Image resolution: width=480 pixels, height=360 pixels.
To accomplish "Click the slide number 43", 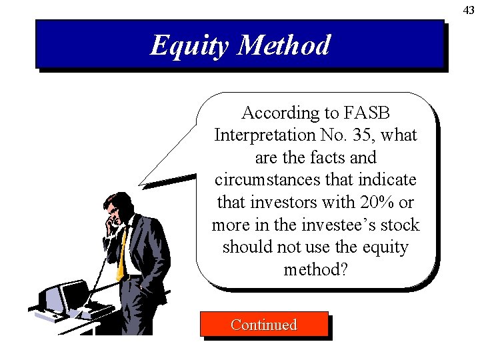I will tap(469, 10).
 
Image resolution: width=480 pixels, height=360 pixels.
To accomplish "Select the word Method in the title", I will tap(285, 45).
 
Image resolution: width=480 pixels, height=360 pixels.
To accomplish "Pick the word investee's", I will tap(341, 225).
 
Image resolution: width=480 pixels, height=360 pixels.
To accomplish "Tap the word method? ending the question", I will tap(316, 269).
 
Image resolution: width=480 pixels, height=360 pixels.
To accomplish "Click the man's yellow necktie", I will tap(121, 257).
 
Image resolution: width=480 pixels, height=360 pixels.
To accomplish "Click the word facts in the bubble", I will tap(317, 158).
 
